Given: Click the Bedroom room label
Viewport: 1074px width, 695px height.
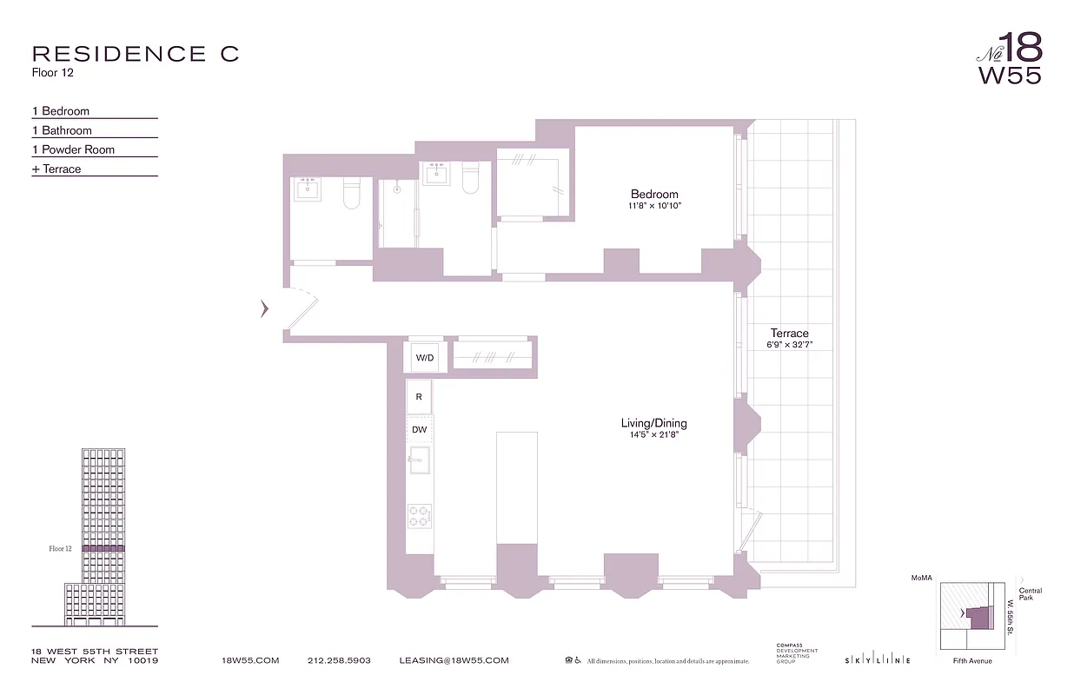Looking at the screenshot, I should (654, 194).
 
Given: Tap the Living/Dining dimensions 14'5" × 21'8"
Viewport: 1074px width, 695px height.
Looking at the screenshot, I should (653, 434).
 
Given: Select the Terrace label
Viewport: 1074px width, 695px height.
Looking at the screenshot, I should (789, 333).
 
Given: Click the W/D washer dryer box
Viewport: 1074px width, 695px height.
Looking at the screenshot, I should (425, 357).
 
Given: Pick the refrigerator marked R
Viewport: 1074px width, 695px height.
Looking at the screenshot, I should (419, 396).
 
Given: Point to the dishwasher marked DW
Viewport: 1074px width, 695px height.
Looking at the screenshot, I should (419, 429).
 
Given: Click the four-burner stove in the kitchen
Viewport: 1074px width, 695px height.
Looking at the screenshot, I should (419, 516).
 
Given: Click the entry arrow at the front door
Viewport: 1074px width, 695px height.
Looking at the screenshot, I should (264, 308).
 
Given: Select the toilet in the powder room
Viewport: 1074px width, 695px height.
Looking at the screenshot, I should (352, 193).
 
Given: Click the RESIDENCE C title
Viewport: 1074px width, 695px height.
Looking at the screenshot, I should (135, 54).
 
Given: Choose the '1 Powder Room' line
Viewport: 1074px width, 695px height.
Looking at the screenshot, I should (73, 149).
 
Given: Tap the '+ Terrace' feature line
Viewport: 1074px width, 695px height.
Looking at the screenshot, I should (56, 169).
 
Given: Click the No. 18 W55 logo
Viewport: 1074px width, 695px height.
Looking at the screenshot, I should (1009, 58).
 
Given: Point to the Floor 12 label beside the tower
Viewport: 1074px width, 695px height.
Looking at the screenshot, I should (60, 549).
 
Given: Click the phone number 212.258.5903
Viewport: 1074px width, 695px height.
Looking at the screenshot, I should (339, 660).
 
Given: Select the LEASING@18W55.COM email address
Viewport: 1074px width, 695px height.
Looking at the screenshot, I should (454, 660).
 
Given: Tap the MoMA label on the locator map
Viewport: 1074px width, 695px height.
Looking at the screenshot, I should (921, 578).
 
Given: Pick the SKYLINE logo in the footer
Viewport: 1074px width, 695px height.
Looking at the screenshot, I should (877, 660).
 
